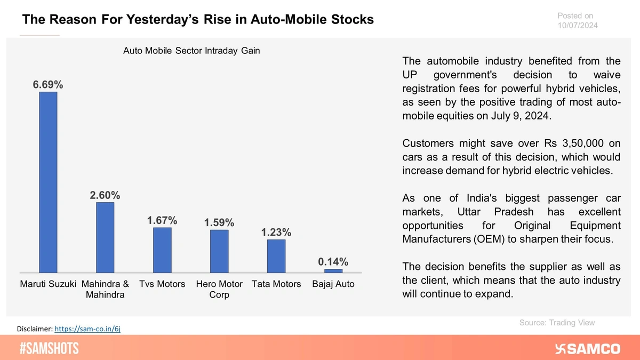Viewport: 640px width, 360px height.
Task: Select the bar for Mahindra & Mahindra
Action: tap(105, 238)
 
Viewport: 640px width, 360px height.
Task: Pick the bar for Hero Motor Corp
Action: tap(219, 251)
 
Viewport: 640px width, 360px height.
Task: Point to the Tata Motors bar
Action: tap(276, 257)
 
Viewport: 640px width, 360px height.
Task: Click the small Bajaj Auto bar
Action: tap(333, 271)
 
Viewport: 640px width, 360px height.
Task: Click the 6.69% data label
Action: tap(48, 84)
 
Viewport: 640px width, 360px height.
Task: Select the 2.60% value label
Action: tap(105, 195)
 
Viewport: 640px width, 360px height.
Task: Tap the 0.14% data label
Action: tap(333, 261)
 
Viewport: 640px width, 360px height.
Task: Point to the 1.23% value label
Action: tap(276, 233)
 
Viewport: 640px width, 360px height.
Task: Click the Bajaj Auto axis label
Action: tap(333, 284)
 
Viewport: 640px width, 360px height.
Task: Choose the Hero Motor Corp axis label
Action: tap(219, 289)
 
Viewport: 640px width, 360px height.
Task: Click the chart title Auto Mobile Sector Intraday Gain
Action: tap(191, 51)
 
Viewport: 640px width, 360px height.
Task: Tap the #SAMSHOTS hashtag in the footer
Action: tap(49, 349)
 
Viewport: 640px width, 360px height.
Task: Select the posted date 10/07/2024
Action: tap(578, 25)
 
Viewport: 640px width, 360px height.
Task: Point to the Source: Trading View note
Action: tap(557, 323)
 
